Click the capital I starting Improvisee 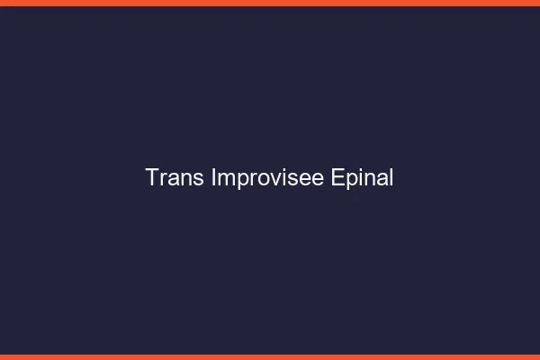pyautogui.click(x=213, y=178)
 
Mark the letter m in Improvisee pyautogui.click(x=225, y=180)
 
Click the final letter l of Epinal pyautogui.click(x=391, y=178)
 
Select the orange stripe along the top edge pyautogui.click(x=270, y=3)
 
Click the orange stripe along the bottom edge pyautogui.click(x=270, y=356)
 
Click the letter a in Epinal pyautogui.click(x=382, y=180)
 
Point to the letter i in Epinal pyautogui.click(x=362, y=178)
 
